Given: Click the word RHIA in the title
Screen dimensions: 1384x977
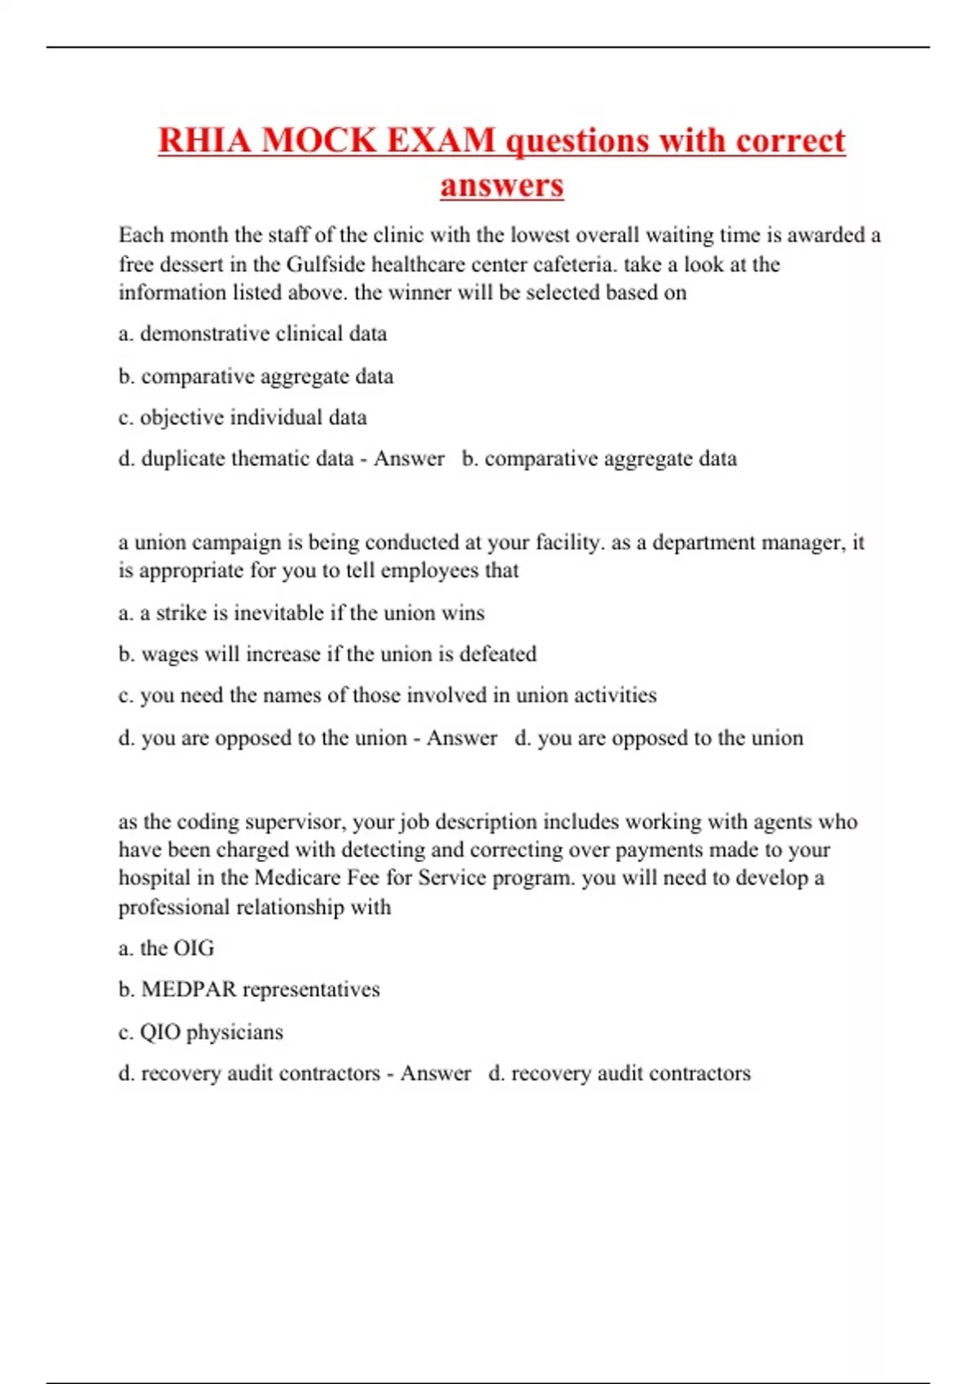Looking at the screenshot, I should pyautogui.click(x=204, y=140).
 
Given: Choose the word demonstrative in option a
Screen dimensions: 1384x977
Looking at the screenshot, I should pyautogui.click(x=200, y=334).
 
